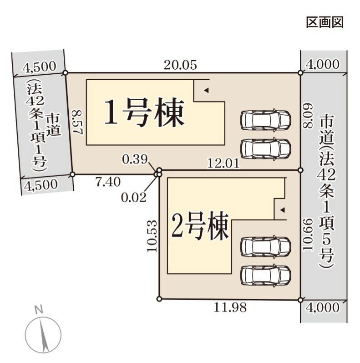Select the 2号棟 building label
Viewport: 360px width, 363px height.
click(x=199, y=226)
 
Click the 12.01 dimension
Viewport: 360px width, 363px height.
click(x=223, y=162)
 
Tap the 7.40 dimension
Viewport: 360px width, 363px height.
click(x=108, y=181)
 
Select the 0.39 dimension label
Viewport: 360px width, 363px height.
click(x=134, y=159)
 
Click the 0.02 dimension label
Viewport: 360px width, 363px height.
click(x=133, y=197)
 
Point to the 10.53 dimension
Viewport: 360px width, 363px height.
click(x=152, y=236)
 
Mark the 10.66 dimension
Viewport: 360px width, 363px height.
click(x=308, y=234)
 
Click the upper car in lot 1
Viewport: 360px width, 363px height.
click(x=266, y=120)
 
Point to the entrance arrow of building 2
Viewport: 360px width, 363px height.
click(x=282, y=210)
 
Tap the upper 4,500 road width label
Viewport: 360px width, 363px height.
click(x=39, y=67)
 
